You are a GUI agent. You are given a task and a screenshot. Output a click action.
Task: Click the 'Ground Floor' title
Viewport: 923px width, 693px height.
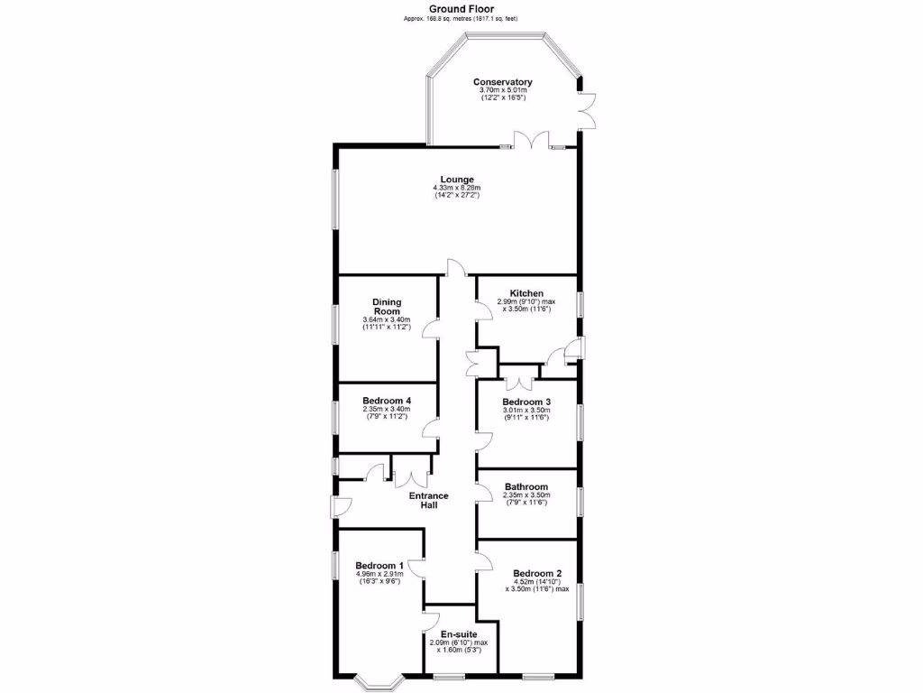pos(461,8)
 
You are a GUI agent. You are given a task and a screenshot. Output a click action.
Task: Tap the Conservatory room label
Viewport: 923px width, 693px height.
pos(503,82)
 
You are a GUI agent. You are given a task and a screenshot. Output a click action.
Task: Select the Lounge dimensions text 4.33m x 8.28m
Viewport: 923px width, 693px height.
pos(457,188)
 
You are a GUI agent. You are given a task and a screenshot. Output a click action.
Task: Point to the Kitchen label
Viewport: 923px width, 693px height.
pos(526,293)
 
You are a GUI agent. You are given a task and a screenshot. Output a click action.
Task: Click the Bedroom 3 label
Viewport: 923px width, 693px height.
pos(526,402)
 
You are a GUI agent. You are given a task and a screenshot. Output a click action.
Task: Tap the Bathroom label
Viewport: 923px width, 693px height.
pos(526,486)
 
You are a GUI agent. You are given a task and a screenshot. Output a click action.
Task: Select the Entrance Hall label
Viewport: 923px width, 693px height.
pos(429,501)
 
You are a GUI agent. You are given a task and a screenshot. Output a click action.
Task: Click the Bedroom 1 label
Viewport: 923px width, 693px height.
pos(379,565)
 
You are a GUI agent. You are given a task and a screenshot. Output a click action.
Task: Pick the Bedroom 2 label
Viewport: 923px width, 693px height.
pos(537,573)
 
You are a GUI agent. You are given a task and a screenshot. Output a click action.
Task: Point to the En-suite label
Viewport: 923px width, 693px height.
pos(460,633)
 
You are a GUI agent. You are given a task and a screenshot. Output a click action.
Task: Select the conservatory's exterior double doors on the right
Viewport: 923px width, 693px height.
pos(586,109)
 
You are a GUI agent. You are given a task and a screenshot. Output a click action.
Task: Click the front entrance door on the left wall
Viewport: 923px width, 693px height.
pos(340,507)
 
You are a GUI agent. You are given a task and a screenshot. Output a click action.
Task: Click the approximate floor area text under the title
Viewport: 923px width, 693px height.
pos(461,19)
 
